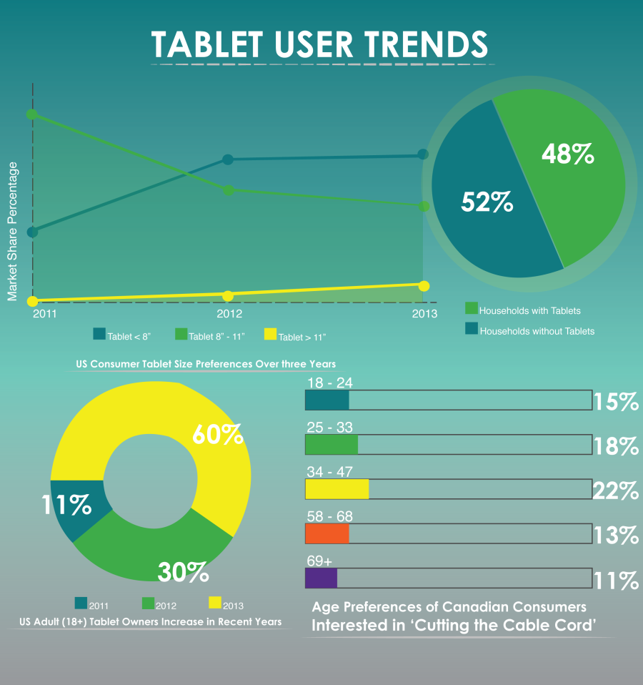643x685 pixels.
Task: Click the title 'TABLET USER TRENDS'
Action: click(x=319, y=44)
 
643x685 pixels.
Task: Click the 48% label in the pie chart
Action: click(x=567, y=154)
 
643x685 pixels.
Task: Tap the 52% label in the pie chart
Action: click(x=487, y=202)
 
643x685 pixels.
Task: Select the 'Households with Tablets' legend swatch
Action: click(x=472, y=308)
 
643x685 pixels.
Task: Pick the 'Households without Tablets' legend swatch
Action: click(x=472, y=329)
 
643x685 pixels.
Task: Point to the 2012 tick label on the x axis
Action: click(x=229, y=314)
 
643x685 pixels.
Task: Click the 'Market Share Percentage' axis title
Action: click(x=12, y=231)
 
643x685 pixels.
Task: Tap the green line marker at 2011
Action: click(x=31, y=114)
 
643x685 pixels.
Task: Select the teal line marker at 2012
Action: click(x=228, y=159)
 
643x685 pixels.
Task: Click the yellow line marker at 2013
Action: click(x=424, y=286)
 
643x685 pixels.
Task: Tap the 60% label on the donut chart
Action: click(x=217, y=434)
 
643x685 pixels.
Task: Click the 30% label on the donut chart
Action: click(x=183, y=571)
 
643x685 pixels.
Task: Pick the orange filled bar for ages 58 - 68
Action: click(x=327, y=534)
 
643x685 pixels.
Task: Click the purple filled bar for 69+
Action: click(x=321, y=578)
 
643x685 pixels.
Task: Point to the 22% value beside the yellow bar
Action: click(x=615, y=491)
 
